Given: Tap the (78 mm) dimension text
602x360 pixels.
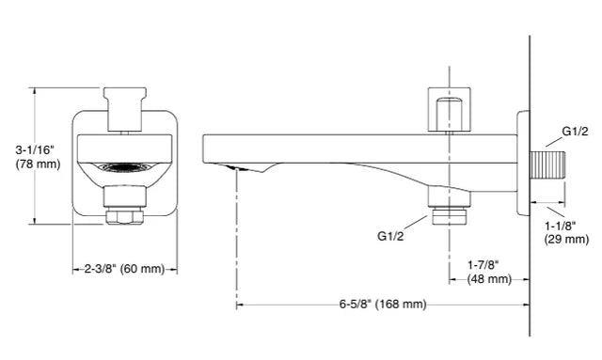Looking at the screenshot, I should [x=37, y=164].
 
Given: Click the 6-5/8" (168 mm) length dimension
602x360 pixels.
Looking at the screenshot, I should [x=383, y=305].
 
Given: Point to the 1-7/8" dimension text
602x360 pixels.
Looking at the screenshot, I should [x=488, y=265].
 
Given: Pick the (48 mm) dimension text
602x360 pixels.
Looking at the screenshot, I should [x=488, y=279].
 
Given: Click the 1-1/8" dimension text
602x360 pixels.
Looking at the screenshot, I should [x=564, y=226].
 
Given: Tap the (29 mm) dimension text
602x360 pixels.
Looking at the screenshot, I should [x=566, y=240].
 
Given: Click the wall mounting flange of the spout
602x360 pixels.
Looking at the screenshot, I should [x=522, y=166].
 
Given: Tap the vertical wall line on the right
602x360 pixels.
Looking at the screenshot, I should [x=531, y=282].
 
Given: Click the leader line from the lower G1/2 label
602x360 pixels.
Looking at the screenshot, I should [x=420, y=222].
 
